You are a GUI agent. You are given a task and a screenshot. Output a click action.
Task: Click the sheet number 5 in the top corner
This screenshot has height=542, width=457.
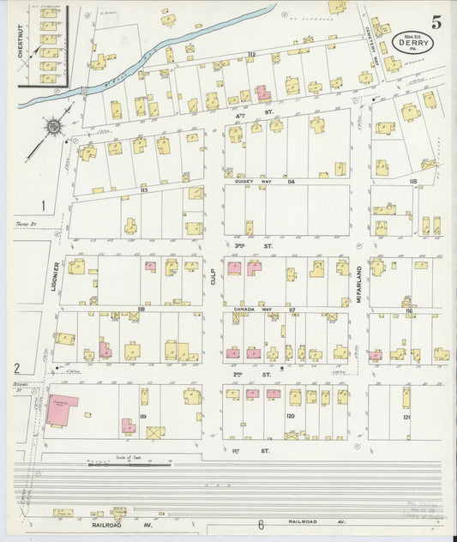(437, 23)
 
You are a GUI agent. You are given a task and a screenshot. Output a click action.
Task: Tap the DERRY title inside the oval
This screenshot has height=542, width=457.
(413, 40)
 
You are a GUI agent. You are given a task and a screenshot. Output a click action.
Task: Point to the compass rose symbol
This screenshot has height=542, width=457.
(53, 128)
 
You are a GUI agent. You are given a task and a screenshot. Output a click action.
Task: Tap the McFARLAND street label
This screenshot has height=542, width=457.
(359, 284)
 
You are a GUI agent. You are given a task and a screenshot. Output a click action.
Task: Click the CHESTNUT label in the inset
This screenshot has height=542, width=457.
(20, 42)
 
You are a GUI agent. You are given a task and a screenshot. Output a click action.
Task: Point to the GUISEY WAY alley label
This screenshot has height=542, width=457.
(250, 182)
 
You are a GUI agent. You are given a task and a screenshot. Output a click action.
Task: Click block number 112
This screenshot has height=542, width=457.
(251, 55)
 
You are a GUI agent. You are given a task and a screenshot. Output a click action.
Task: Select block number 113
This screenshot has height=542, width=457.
(144, 190)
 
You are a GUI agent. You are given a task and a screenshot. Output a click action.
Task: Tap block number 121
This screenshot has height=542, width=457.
(406, 416)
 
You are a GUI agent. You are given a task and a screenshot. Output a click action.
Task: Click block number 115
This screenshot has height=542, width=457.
(413, 182)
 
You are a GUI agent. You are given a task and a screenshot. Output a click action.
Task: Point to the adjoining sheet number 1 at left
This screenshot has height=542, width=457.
(41, 205)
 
